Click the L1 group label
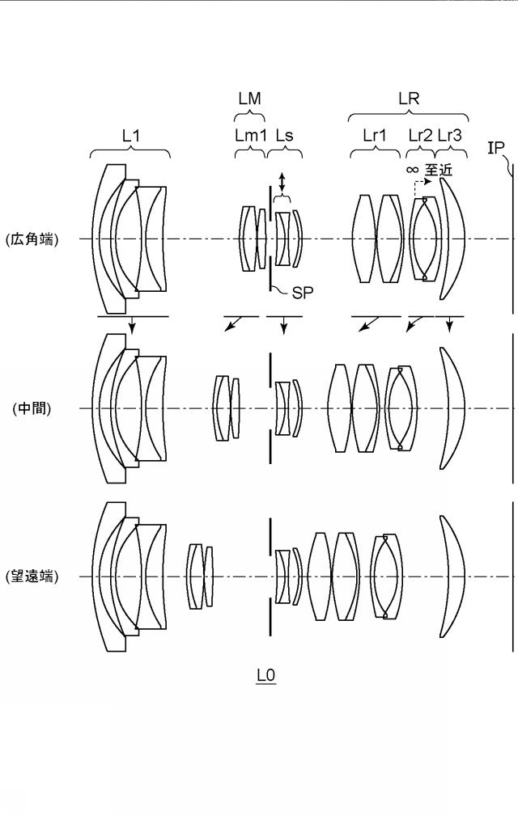point(131,136)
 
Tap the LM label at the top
point(249,99)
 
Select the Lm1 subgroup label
point(251,136)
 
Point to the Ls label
point(284,136)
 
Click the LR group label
point(409,99)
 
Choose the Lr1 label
point(375,136)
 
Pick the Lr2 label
point(420,136)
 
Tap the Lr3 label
point(450,136)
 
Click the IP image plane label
point(495,148)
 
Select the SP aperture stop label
point(302,293)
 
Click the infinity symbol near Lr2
point(412,170)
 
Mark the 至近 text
point(439,170)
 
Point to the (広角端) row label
point(32,239)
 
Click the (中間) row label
point(32,408)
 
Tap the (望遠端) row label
point(32,576)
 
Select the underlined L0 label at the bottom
point(265,676)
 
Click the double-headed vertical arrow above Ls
point(282,182)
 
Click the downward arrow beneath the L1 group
point(132,325)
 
